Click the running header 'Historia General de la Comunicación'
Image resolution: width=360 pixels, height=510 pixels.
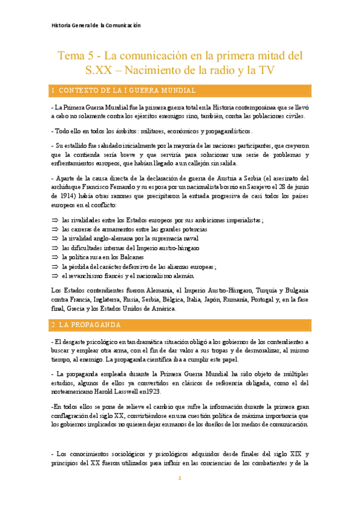(96, 25)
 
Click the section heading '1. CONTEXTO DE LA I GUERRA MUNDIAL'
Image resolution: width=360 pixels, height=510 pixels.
(123, 91)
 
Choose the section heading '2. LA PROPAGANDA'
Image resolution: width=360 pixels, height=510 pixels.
(87, 325)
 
